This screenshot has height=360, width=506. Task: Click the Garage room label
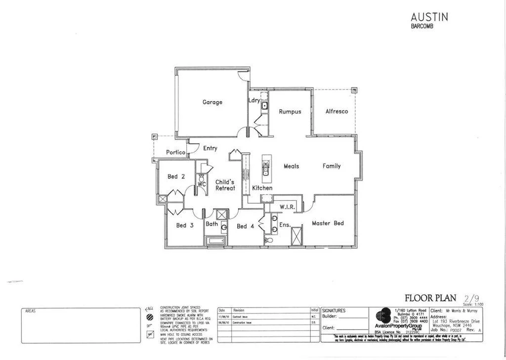[x=212, y=102]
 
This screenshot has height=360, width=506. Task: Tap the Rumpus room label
[x=290, y=112]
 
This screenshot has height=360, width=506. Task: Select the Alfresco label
[x=337, y=112]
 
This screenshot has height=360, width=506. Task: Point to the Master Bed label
[x=328, y=224]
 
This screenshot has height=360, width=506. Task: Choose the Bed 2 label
[x=176, y=177]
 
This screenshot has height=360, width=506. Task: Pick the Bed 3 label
[x=185, y=225]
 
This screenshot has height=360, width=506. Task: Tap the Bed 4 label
[x=245, y=226]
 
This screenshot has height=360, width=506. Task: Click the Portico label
[x=175, y=152]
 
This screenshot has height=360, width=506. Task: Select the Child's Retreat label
[x=224, y=185]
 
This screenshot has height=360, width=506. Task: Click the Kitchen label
[x=262, y=188]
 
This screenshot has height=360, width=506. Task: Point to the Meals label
[x=292, y=166]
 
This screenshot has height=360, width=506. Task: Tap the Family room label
[x=332, y=166]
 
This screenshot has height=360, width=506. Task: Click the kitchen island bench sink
[x=266, y=171]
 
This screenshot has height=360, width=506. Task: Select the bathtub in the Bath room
[x=216, y=241]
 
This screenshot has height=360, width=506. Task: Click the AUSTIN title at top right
[x=429, y=16]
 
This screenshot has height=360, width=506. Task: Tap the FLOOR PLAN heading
[x=430, y=298]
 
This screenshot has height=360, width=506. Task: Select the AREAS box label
[x=31, y=312]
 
